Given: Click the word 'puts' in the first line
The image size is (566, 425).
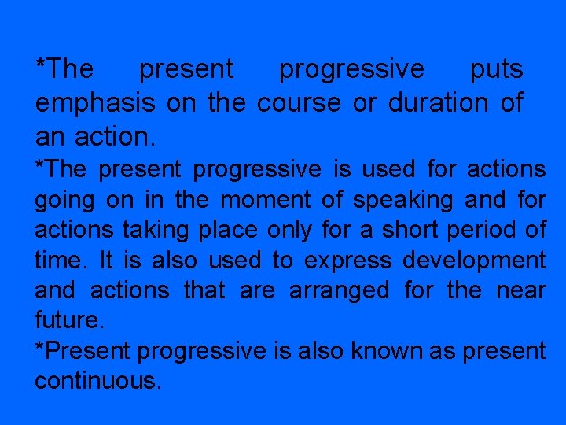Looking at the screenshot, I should pyautogui.click(x=496, y=70).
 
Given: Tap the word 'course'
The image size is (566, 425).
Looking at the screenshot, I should pyautogui.click(x=300, y=104).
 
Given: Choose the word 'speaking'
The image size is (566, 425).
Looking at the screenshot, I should pyautogui.click(x=402, y=201).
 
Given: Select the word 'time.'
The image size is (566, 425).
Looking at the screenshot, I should pyautogui.click(x=59, y=260).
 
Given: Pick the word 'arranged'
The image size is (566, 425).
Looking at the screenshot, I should pyautogui.click(x=339, y=291).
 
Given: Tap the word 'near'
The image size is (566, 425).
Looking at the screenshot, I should pyautogui.click(x=521, y=290).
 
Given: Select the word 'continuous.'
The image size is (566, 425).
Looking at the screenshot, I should pyautogui.click(x=98, y=381).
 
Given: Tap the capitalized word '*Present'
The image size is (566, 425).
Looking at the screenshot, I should pyautogui.click(x=83, y=351).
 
